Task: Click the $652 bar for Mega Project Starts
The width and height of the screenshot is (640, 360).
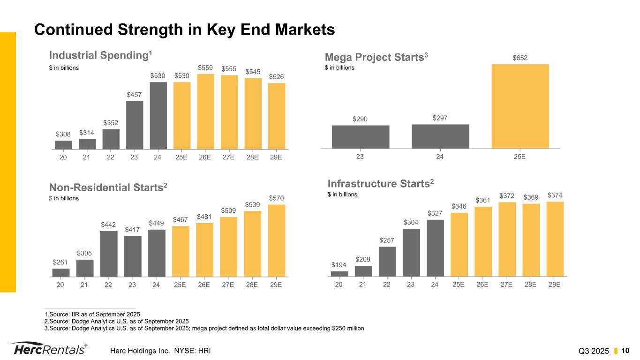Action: pos(520,106)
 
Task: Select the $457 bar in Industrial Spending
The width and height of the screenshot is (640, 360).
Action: pos(135,125)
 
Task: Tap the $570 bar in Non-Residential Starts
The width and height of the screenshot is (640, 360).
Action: pos(277,240)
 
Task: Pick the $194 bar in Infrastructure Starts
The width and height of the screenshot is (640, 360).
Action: pos(339,274)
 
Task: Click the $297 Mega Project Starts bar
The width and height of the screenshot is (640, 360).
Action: pos(440,136)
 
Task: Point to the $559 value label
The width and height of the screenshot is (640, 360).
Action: pos(205,68)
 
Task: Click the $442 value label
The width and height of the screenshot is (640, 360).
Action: pos(109,225)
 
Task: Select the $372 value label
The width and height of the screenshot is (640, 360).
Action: pos(507,195)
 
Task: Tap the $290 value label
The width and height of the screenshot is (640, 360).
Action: pos(360,119)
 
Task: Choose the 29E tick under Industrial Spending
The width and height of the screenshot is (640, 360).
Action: pos(277,157)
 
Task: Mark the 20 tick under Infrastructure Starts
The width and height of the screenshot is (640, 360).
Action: pos(339,285)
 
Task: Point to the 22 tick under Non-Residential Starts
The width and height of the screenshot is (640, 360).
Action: pos(108,285)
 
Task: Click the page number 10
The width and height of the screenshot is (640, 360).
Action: pos(625,351)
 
